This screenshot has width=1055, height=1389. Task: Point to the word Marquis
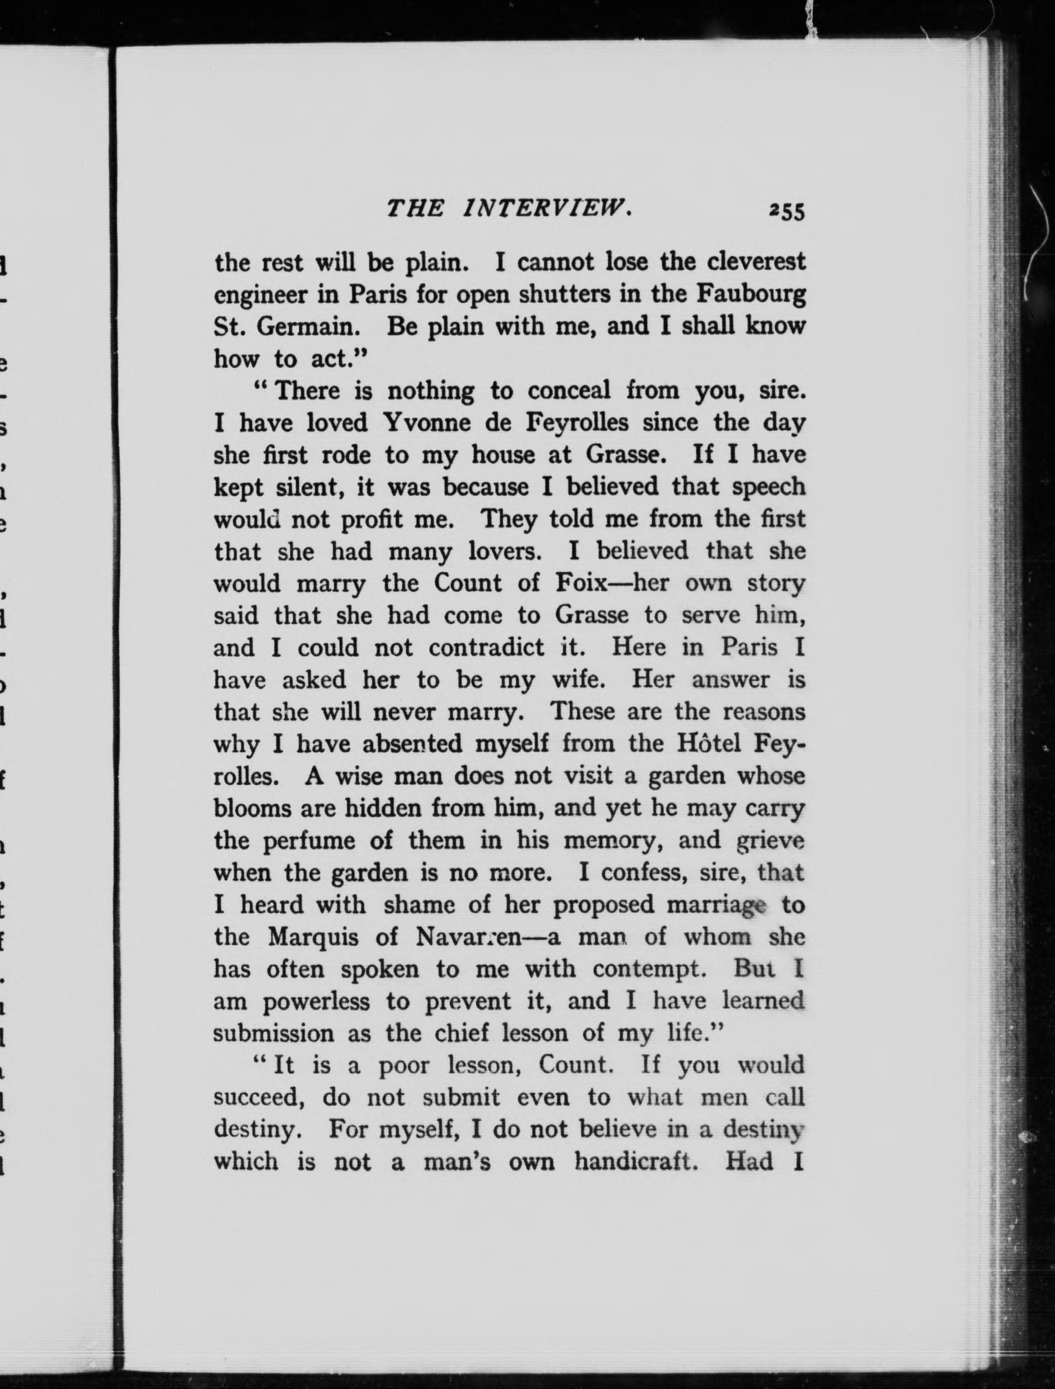(313, 938)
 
